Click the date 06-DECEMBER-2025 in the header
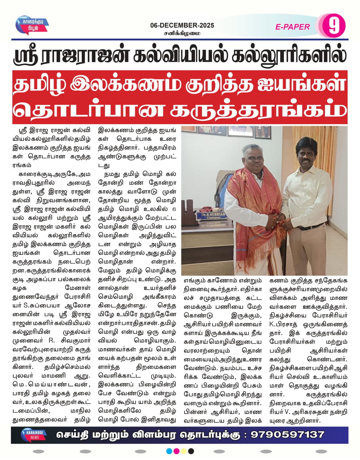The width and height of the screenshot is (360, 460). (182, 25)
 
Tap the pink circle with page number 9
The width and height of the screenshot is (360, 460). (333, 26)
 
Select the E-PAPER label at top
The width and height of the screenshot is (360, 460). (292, 27)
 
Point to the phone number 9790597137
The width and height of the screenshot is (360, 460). (287, 434)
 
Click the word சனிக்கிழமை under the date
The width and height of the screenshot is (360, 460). (182, 33)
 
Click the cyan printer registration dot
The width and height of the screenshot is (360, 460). (169, 451)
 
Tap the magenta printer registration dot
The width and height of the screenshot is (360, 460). (176, 451)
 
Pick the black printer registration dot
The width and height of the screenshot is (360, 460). (191, 451)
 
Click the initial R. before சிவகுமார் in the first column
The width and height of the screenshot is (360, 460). (52, 341)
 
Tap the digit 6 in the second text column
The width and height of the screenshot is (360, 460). (174, 209)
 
